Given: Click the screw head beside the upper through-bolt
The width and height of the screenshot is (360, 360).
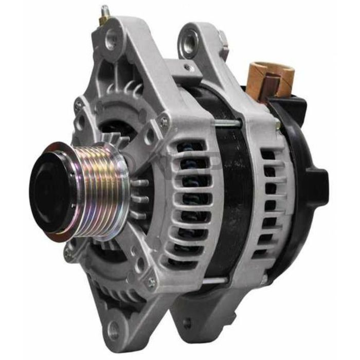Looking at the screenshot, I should tap(164, 122).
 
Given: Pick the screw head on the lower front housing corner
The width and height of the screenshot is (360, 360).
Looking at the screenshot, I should tap(152, 282).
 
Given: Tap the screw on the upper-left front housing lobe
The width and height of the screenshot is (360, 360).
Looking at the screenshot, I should tap(79, 105).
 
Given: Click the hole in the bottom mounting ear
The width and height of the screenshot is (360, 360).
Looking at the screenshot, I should tap(114, 332).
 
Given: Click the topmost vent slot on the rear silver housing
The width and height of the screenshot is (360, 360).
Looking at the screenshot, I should tap(268, 155).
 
